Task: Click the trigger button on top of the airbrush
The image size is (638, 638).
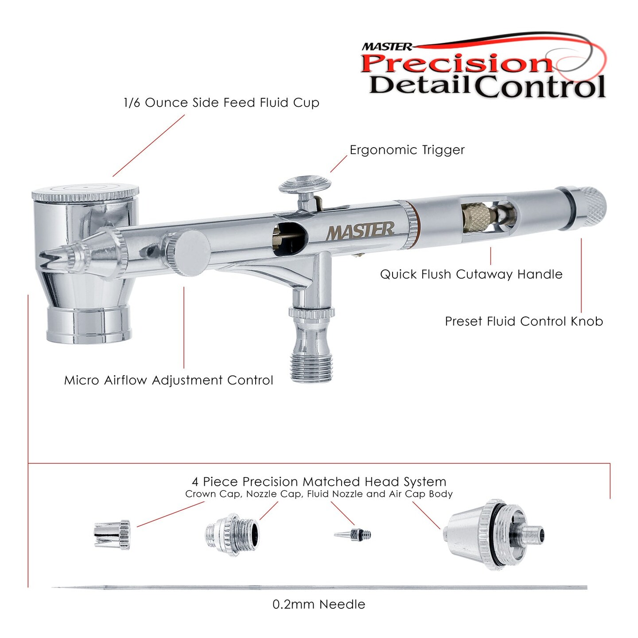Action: pyautogui.click(x=305, y=184)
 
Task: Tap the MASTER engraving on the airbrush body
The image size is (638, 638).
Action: pyautogui.click(x=360, y=231)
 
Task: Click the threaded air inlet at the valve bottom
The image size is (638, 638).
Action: pyautogui.click(x=312, y=366)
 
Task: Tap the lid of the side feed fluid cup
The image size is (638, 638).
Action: pyautogui.click(x=85, y=192)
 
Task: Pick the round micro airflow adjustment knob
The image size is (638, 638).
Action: pyautogui.click(x=188, y=253)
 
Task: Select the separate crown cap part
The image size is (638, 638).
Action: pyautogui.click(x=112, y=535)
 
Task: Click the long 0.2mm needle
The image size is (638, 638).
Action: pyautogui.click(x=319, y=588)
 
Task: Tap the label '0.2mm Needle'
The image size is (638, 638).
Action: pyautogui.click(x=319, y=604)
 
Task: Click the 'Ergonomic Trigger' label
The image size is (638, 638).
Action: pyautogui.click(x=407, y=150)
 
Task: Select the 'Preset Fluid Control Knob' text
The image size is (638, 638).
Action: pyautogui.click(x=524, y=321)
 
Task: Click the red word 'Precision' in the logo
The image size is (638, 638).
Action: pyautogui.click(x=456, y=63)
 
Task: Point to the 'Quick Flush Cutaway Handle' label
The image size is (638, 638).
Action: pyautogui.click(x=471, y=274)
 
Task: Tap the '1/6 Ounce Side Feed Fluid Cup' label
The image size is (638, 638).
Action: pyautogui.click(x=222, y=103)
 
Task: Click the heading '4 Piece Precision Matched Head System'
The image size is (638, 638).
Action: pyautogui.click(x=319, y=482)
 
